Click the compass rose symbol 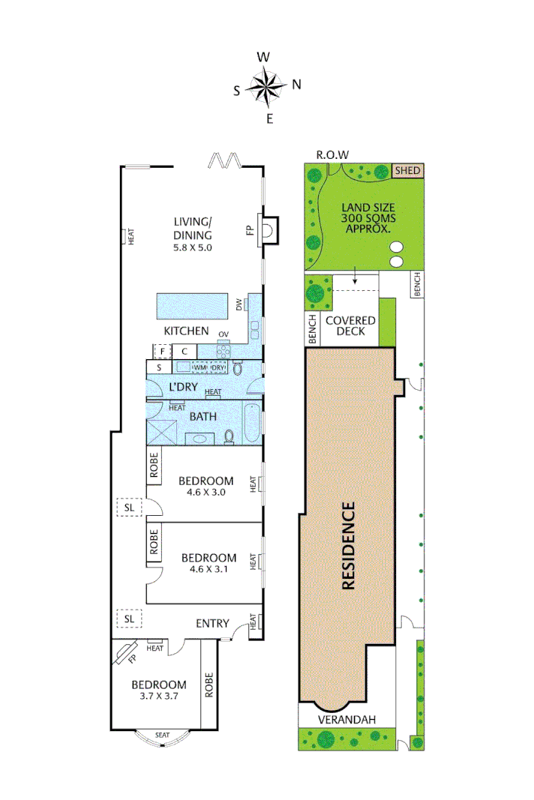click(266, 85)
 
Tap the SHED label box click(408, 171)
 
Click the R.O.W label click(332, 154)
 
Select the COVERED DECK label click(350, 326)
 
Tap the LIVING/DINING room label click(193, 228)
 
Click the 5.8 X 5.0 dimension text click(193, 247)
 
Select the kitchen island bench click(192, 307)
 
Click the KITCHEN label click(186, 331)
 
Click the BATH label click(203, 417)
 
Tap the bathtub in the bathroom click(252, 424)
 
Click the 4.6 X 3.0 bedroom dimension click(207, 493)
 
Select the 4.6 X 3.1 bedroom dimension click(209, 570)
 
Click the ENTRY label click(212, 624)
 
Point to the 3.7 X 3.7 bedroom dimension click(158, 697)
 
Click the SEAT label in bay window click(162, 735)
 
